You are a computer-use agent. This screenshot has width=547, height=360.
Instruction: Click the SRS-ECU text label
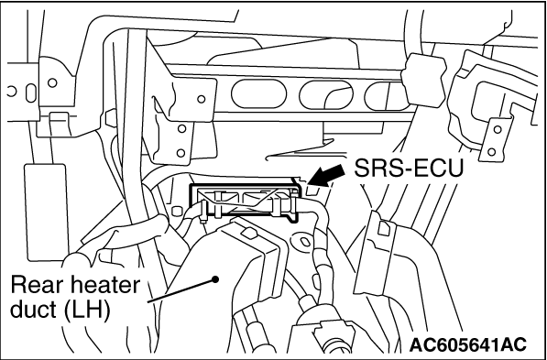point(409,169)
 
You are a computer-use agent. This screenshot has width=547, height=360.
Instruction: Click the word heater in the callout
point(105,285)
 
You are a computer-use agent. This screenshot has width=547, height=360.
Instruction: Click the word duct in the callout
point(34,309)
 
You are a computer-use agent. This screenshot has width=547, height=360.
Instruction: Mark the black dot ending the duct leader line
point(215,279)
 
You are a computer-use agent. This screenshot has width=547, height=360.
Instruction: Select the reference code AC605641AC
point(468,344)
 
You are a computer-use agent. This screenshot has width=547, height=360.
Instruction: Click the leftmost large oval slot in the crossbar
point(258,93)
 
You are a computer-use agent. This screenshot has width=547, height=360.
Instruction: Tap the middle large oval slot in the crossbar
point(326,94)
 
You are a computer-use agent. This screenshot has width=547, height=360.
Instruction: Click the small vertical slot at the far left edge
point(31,93)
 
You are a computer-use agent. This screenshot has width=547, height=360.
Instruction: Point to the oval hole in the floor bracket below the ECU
point(304,241)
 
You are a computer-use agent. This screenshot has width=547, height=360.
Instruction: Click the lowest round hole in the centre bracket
point(181,152)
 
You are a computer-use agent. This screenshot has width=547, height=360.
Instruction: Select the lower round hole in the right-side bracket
point(491,152)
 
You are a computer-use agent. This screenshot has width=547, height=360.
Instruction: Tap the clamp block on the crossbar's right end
point(424,80)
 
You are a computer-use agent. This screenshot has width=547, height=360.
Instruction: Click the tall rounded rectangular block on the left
point(45,213)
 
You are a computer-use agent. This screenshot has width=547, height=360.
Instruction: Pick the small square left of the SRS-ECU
point(177,211)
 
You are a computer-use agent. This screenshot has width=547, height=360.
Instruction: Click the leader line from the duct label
point(181,290)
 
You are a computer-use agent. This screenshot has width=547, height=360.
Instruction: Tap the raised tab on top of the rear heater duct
point(247,233)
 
